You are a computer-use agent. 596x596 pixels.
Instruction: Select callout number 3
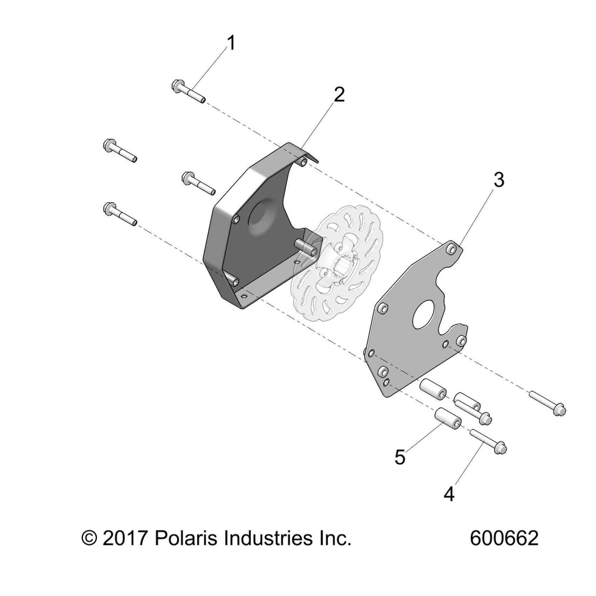(x=499, y=180)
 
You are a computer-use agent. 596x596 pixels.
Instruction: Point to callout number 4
(x=449, y=494)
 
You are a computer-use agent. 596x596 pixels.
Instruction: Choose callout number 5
(x=400, y=457)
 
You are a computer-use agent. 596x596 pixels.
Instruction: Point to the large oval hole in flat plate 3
(x=424, y=314)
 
